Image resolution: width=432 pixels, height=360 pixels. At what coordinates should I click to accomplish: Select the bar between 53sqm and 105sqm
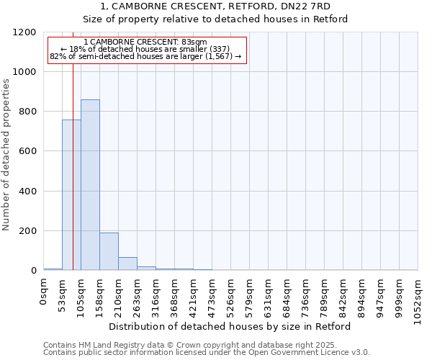(71, 195)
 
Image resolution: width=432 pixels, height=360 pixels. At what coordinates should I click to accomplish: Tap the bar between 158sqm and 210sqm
(109, 251)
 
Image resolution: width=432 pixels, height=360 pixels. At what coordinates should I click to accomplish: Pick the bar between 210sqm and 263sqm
(127, 264)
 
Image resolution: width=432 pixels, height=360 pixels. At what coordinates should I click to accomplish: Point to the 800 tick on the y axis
(28, 112)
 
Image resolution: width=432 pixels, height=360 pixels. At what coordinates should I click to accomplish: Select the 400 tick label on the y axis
(28, 192)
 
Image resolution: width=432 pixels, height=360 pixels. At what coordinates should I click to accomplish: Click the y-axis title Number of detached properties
(6, 156)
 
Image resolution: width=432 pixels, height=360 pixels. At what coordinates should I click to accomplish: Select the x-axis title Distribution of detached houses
(230, 326)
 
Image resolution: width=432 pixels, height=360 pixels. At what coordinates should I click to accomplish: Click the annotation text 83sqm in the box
(145, 42)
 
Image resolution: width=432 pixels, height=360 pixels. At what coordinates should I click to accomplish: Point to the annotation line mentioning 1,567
(145, 56)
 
